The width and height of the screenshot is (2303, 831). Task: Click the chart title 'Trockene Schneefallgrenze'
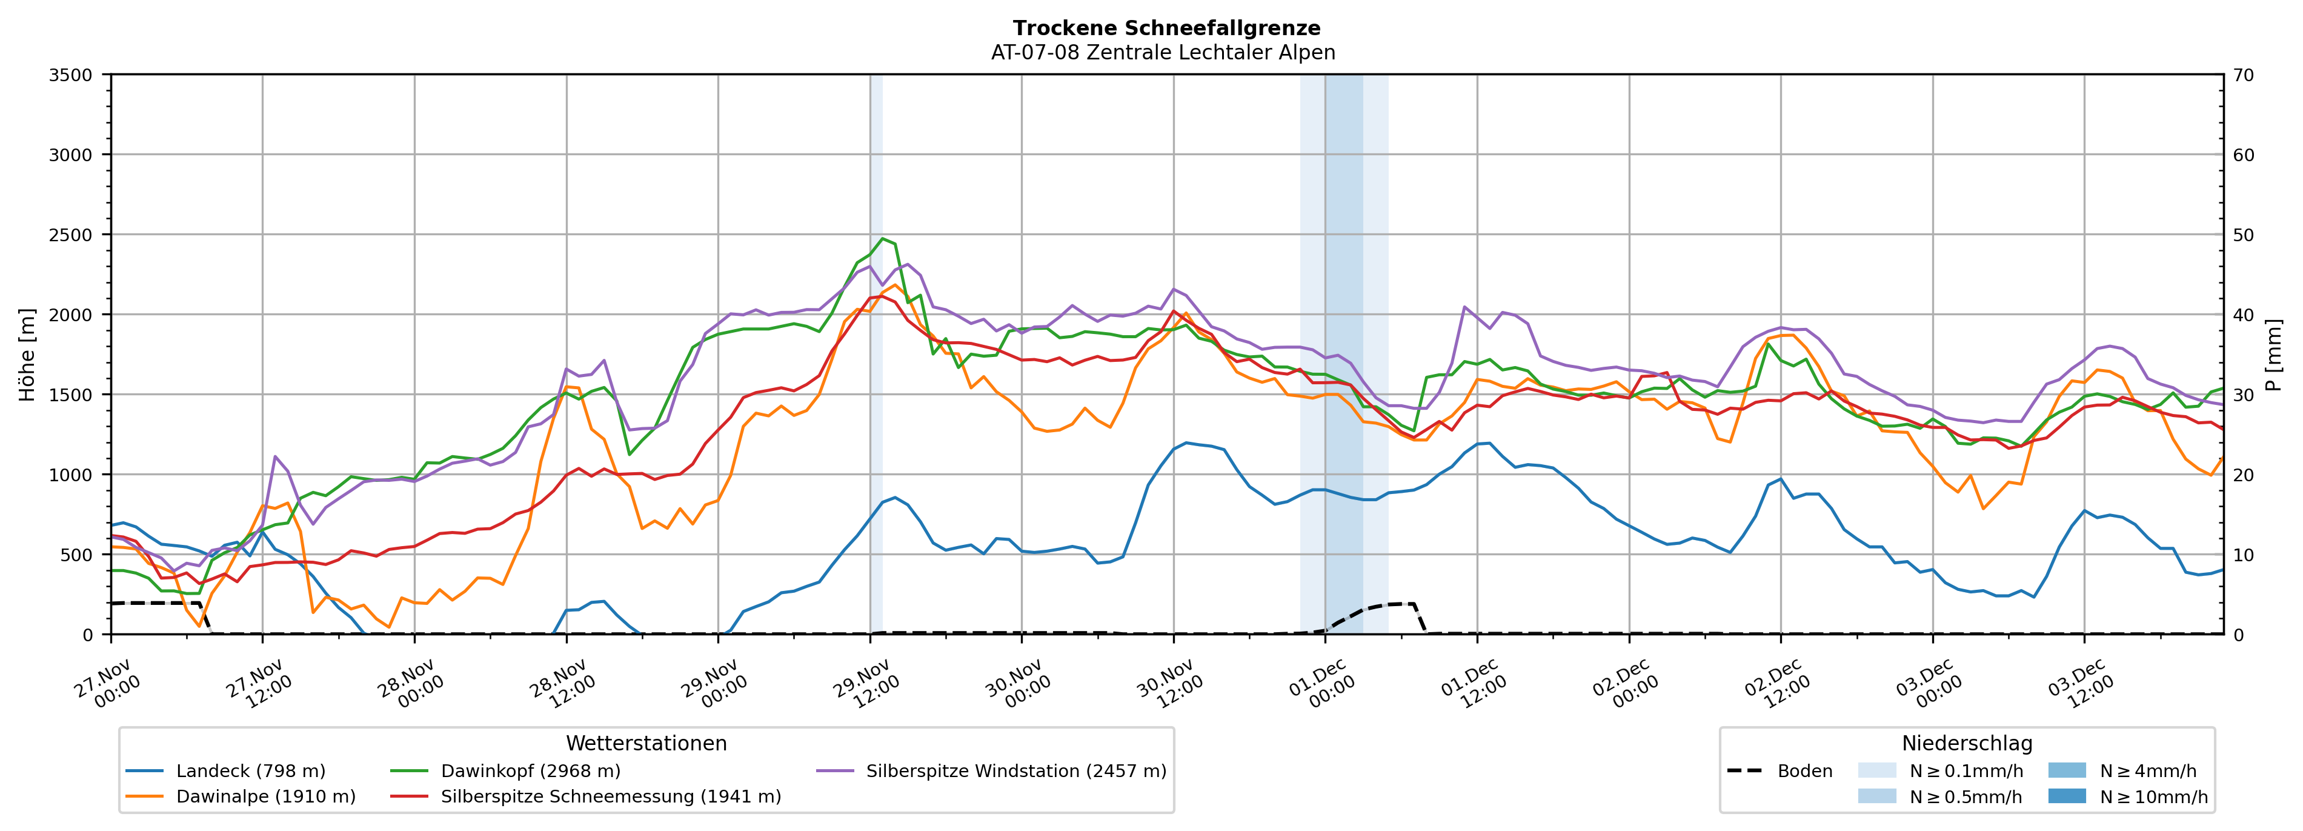click(1166, 28)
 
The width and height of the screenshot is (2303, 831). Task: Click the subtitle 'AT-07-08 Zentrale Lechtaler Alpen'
click(1162, 53)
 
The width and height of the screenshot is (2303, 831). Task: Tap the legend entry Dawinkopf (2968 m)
click(530, 771)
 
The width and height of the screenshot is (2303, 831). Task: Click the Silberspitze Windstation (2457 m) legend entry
click(1015, 771)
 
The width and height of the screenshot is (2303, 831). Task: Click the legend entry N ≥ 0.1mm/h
click(1965, 771)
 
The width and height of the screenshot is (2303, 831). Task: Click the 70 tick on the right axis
click(2243, 75)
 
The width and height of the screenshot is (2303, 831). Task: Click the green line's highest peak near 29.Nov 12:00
click(882, 239)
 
